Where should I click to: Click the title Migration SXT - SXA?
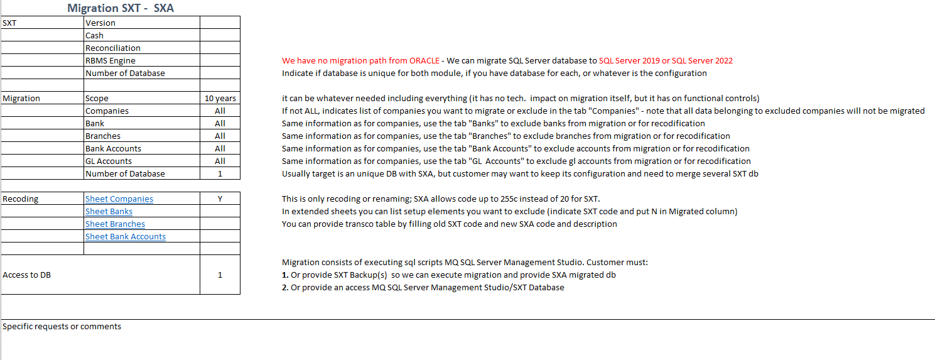120,8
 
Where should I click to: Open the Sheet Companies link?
119,199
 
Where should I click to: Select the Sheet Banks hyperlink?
109,212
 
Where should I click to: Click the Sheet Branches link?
115,224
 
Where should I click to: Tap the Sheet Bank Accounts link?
126,237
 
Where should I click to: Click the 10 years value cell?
220,99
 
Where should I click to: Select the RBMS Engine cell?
111,61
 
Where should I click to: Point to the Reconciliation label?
113,48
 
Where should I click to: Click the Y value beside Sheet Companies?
220,199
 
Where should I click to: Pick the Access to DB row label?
27,275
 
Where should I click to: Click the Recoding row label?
21,199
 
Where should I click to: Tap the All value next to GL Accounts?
220,161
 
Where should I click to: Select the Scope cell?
97,99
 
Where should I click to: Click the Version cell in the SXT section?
100,23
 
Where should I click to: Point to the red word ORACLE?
424,61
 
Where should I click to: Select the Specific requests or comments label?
62,327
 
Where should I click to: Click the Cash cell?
95,36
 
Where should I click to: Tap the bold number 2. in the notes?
285,288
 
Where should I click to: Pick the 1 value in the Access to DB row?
220,275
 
